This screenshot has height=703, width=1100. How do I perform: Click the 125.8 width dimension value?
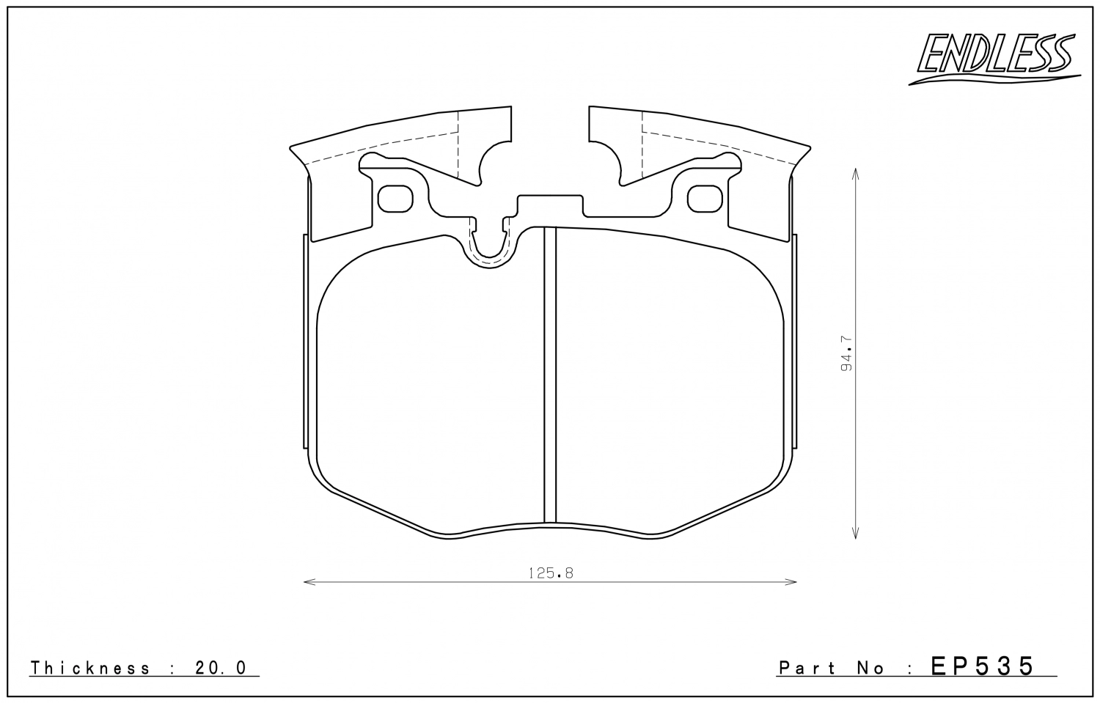551,573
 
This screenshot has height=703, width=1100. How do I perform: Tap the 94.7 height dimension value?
846,353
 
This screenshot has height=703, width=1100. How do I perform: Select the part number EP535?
982,666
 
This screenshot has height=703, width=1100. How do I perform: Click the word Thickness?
90,668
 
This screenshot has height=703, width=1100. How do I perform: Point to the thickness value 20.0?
221,668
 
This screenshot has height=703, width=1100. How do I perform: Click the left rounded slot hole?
395,199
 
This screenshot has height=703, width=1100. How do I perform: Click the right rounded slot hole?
705,199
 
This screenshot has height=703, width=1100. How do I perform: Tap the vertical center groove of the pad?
550,375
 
